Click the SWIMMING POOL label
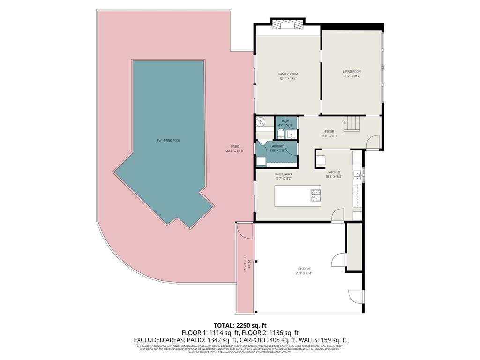coord(168,140)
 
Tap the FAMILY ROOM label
coord(288,74)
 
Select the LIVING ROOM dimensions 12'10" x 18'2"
coord(352,75)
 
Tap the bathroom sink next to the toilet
coord(291,135)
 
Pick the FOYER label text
coord(330,132)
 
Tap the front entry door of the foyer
coord(373,142)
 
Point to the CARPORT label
coord(303,269)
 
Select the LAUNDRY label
coord(277,146)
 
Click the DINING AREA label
coord(284,174)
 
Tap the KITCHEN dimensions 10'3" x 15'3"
coord(334,177)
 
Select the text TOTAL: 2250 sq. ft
coord(240,325)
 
